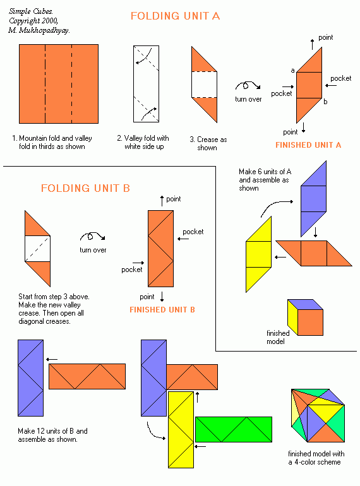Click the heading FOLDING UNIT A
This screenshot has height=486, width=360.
175,16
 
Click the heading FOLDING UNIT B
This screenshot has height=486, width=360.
85,188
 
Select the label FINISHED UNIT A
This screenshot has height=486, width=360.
308,145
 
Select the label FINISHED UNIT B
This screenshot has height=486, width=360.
162,310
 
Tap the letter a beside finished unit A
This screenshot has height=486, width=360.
292,71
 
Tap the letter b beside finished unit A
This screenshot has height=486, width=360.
325,102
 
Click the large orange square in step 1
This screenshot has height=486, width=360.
59,84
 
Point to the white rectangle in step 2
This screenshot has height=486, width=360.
146,84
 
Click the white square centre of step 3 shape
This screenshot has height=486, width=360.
204,85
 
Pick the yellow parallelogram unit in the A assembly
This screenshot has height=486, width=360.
258,254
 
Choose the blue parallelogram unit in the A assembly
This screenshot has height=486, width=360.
313,199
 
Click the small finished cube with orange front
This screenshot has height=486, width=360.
305,317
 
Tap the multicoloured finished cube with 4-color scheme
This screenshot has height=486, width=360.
318,415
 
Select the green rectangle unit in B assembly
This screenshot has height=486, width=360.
234,429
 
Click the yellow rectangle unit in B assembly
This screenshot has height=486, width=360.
181,430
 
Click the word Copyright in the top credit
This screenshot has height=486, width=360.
24,21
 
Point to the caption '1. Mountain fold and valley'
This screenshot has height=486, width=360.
52,138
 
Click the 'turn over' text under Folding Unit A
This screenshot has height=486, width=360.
248,99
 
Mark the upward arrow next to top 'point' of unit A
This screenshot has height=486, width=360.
312,44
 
